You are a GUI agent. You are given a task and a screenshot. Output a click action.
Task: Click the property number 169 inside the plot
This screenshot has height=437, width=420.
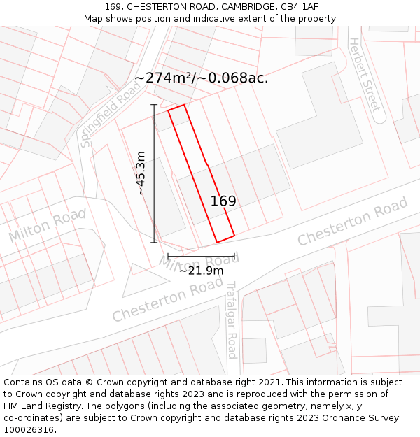coord(223,201)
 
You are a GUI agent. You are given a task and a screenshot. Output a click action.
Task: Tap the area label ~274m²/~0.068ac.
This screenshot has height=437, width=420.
coord(201,78)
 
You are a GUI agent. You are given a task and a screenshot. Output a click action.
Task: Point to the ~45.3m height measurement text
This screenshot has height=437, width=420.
coord(141,173)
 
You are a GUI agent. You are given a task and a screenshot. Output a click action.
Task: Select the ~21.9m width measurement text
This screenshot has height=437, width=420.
coord(202,271)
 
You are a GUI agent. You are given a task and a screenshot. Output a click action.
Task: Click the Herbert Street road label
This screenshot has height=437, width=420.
coord(365,75)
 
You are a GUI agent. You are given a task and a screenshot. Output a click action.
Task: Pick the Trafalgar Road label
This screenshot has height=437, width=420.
coord(232,320)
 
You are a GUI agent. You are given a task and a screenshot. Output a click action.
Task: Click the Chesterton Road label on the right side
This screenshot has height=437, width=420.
coord(352,222)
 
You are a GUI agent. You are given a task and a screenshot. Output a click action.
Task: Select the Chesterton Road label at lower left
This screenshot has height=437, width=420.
coord(167,300)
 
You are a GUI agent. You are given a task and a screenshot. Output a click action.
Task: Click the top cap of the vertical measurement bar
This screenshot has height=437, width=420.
coord(154,105)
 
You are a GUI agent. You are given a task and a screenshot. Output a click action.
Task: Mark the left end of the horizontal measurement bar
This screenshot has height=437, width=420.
coord(168,257)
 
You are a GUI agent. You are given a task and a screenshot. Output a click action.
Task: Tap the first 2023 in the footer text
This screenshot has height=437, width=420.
coord(178,394)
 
